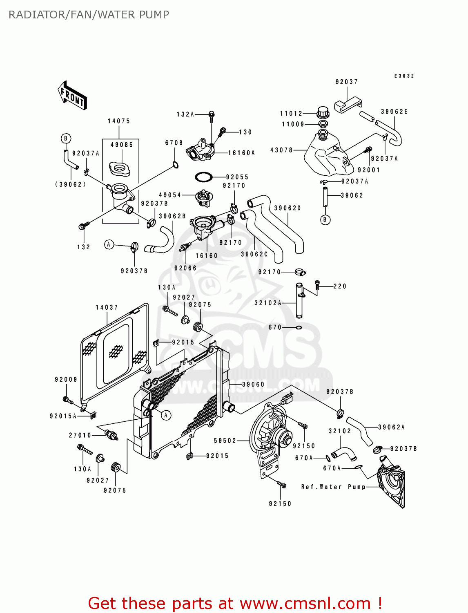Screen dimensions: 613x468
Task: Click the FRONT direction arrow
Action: point(72,96)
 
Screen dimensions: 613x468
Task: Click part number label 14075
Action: point(119,121)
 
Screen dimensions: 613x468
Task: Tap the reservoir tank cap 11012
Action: point(323,112)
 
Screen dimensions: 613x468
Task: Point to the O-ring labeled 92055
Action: point(203,177)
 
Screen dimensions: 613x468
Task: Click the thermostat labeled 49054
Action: point(203,197)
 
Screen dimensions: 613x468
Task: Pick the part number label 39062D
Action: point(287,208)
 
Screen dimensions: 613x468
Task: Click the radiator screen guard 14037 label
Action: point(107,307)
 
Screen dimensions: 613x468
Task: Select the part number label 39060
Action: point(253,384)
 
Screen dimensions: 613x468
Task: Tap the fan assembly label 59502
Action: point(225,441)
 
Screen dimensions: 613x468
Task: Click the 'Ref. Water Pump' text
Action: point(333,487)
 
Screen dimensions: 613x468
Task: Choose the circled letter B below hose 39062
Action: point(325,220)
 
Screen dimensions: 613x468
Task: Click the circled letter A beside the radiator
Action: point(166,415)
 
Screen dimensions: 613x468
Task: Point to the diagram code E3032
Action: point(404,76)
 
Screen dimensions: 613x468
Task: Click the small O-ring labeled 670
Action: point(299,327)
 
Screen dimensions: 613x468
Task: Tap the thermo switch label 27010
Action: point(80,435)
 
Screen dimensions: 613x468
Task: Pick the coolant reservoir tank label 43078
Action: point(281,150)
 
